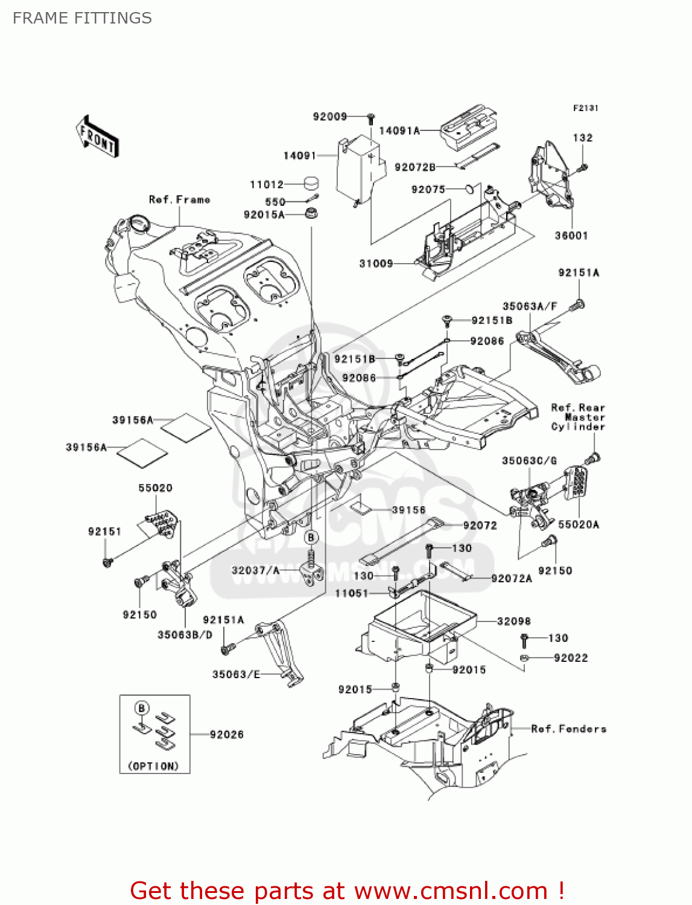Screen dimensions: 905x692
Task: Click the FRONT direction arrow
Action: pos(97,137)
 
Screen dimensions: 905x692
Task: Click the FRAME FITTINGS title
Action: pos(82,18)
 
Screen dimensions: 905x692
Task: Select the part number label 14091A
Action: pos(399,130)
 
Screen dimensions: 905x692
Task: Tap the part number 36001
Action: pos(571,235)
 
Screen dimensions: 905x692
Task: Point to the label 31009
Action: pos(376,263)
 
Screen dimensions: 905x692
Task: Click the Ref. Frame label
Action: pos(179,200)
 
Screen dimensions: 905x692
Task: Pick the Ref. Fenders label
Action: pos(568,729)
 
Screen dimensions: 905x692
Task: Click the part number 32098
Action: pos(514,621)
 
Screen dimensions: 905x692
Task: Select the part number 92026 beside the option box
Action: pos(227,734)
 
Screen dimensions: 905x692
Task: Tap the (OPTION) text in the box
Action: pos(154,766)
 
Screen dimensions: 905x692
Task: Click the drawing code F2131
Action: pos(585,108)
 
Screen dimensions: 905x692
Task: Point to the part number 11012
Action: pos(267,185)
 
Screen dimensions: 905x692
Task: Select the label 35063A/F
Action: pos(530,306)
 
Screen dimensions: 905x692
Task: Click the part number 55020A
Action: pos(578,524)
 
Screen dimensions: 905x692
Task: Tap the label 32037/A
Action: pos(256,570)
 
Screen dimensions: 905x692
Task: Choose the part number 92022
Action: pos(570,658)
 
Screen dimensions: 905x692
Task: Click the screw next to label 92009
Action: pos(372,117)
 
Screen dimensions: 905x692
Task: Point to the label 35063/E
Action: pos(236,674)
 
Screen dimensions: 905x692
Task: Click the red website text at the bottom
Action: pos(347,891)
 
